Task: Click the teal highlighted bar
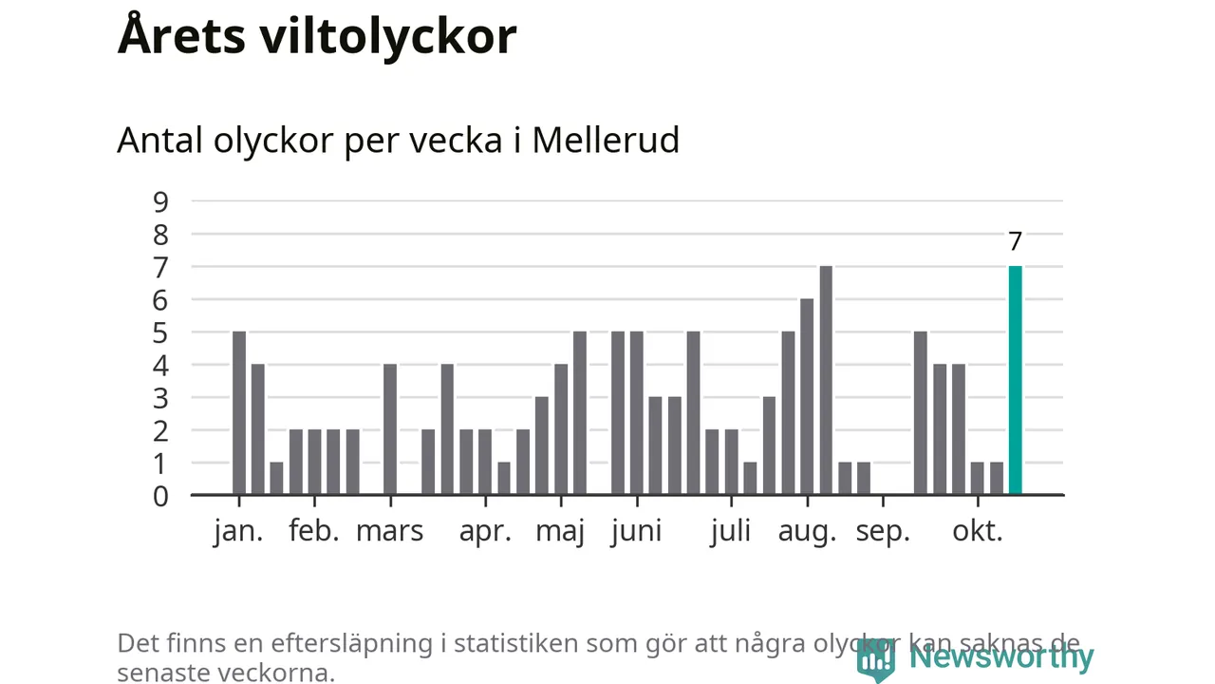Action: [x=1015, y=380]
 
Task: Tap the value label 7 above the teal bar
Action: [x=1015, y=241]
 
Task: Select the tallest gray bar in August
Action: [x=826, y=380]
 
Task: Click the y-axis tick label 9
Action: [x=159, y=201]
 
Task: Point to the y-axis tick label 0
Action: [x=159, y=495]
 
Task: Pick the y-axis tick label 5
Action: [x=159, y=332]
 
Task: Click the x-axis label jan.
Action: [x=238, y=531]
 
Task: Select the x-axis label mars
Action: [x=389, y=531]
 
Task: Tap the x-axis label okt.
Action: [x=978, y=531]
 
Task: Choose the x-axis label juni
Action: [x=636, y=531]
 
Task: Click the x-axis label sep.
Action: [x=883, y=531]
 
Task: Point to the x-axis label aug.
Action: [x=807, y=531]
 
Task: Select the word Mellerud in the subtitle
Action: [x=606, y=141]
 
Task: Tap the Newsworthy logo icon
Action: [x=876, y=657]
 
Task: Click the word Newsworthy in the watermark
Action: [x=1001, y=656]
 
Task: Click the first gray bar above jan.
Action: [x=239, y=413]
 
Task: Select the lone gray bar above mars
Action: [x=389, y=429]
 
